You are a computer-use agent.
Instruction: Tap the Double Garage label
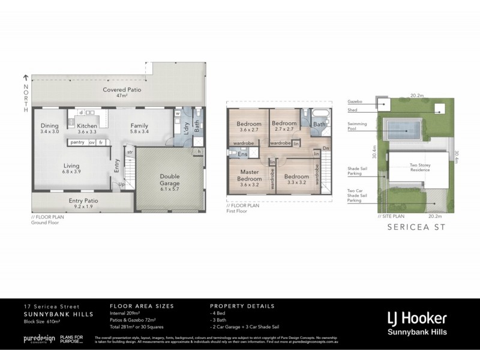[x=169, y=180]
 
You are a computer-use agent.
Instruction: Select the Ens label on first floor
[x=243, y=154]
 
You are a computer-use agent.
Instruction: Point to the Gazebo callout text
[x=355, y=102]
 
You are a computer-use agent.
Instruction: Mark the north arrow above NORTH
[x=26, y=77]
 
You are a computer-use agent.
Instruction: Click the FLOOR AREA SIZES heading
[x=142, y=306]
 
